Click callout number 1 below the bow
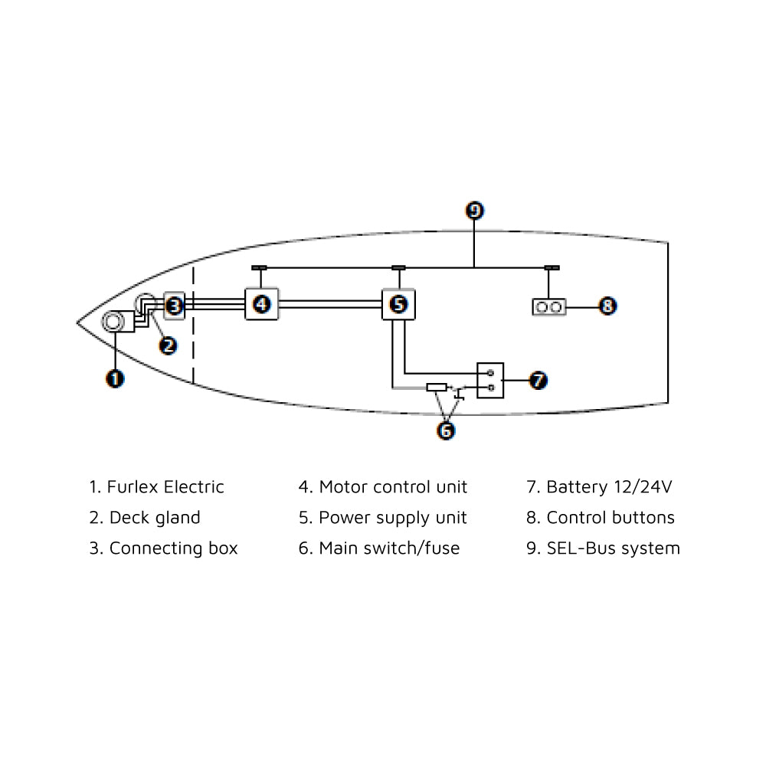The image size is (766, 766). click(115, 378)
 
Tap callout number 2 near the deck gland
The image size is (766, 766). click(168, 345)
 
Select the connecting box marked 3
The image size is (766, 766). click(175, 306)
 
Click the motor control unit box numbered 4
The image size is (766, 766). click(262, 304)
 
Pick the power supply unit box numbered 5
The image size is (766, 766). click(398, 304)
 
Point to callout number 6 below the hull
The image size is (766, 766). click(445, 430)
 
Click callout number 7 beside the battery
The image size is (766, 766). click(538, 380)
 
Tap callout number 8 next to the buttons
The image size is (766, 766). click(607, 306)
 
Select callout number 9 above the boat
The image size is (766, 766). click(475, 211)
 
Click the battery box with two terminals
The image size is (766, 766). click(490, 380)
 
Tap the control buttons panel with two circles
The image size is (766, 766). click(550, 307)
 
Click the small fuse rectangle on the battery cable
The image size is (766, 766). click(437, 388)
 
